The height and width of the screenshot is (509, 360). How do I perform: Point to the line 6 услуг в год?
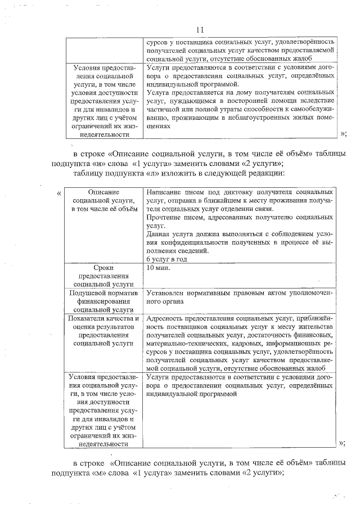click(166, 259)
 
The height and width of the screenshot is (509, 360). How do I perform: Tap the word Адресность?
click(165, 318)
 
